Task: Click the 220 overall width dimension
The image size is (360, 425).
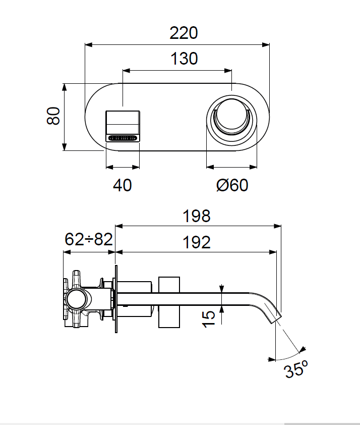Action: [x=184, y=34]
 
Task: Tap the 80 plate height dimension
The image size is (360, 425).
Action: [x=53, y=116]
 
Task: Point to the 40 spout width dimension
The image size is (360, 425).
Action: [x=122, y=185]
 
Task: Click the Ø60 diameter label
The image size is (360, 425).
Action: [x=232, y=185]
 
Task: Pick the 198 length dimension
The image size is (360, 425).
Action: [x=197, y=217]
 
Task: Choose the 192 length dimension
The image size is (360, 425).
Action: [x=197, y=243]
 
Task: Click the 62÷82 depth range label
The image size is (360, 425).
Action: [x=88, y=239]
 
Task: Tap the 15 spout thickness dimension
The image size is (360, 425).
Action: [x=209, y=317]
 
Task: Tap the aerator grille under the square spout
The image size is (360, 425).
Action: [x=122, y=137]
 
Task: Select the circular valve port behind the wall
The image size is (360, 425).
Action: [x=78, y=299]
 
